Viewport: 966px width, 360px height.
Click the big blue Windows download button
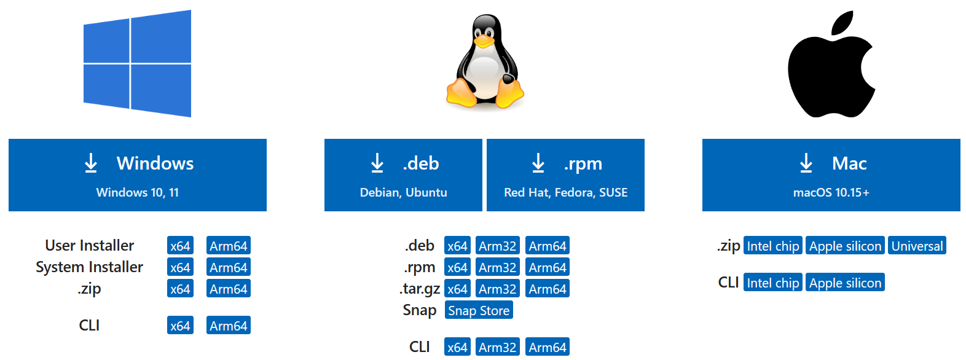[x=138, y=175]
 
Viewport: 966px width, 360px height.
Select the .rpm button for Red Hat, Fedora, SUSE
[x=565, y=175]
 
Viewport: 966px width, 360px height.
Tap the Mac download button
[x=831, y=175]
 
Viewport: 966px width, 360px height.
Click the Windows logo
[x=138, y=63]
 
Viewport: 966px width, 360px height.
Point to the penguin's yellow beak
[x=484, y=41]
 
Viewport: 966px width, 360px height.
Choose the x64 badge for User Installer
[x=180, y=246]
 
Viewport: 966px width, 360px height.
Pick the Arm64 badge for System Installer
[x=229, y=267]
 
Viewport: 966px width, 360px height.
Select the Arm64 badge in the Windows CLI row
[x=229, y=326]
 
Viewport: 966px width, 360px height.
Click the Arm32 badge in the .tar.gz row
[x=498, y=289]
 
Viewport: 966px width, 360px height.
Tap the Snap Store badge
[x=479, y=310]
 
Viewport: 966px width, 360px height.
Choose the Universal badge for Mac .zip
[x=917, y=246]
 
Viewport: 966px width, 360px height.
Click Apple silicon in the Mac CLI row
[x=845, y=283]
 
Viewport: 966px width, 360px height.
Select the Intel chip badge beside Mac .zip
[x=773, y=246]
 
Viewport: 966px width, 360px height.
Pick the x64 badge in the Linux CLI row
[x=457, y=347]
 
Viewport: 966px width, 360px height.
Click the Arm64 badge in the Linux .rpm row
[x=548, y=267]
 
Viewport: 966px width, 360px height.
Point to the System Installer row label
[x=89, y=267]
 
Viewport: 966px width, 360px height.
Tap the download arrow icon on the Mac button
[x=806, y=163]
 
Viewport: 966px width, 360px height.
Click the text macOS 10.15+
[x=831, y=192]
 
